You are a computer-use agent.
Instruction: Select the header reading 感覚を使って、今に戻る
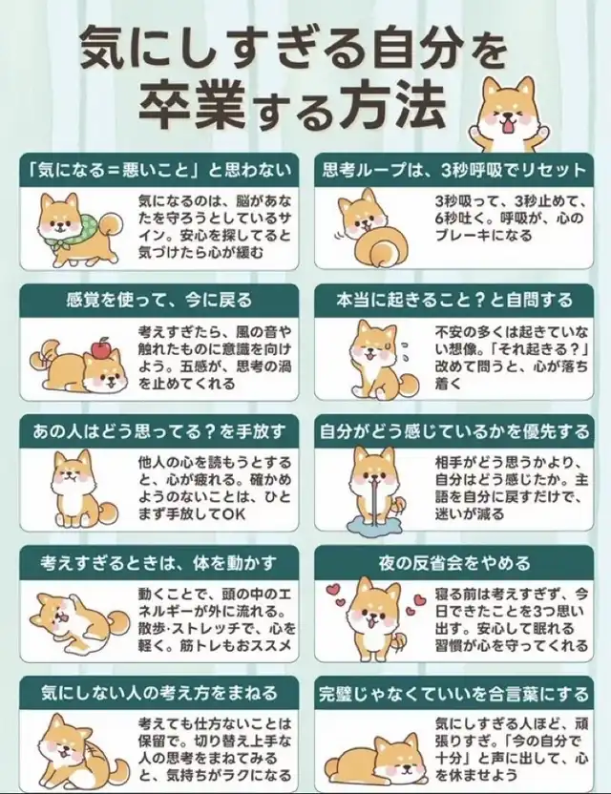coord(158,301)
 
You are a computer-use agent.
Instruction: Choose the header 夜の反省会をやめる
coord(453,563)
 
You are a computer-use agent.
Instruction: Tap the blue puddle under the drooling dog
coord(373,522)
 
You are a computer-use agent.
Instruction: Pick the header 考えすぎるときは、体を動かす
coord(158,563)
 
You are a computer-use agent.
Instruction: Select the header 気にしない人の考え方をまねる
coord(158,693)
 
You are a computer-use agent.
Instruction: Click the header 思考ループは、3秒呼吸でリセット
coord(453,170)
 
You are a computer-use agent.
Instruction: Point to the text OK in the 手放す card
coord(234,514)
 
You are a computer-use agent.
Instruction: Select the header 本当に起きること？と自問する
coord(453,301)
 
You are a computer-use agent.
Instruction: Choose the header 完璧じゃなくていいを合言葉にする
coord(453,694)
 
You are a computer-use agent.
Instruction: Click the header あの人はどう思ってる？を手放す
coord(158,432)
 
